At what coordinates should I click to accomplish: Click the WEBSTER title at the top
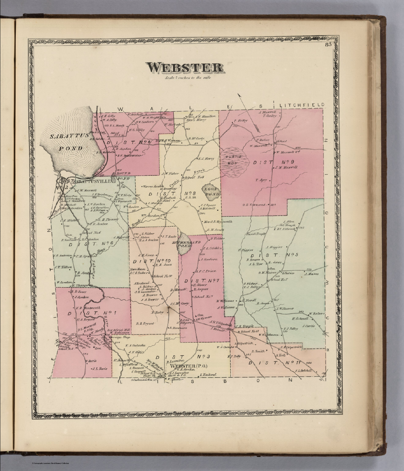[x=184, y=67]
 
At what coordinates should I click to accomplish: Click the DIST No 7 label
[x=202, y=281]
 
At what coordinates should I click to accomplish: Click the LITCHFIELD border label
[x=302, y=105]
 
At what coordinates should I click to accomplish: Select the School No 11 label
[x=245, y=332]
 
